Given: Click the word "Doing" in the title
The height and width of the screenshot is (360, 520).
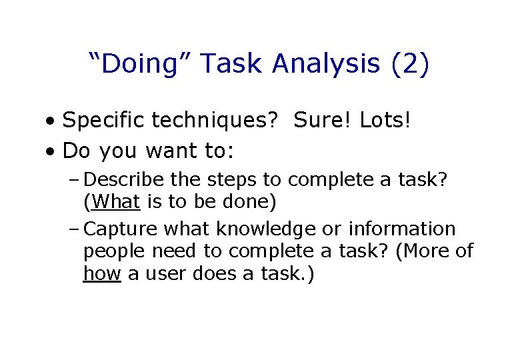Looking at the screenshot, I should (139, 65).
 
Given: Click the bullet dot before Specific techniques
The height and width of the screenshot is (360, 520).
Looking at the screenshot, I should (51, 122).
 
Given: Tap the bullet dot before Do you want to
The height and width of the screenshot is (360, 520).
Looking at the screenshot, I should (51, 152).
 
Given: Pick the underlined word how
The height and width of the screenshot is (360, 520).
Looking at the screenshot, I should (102, 273).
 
